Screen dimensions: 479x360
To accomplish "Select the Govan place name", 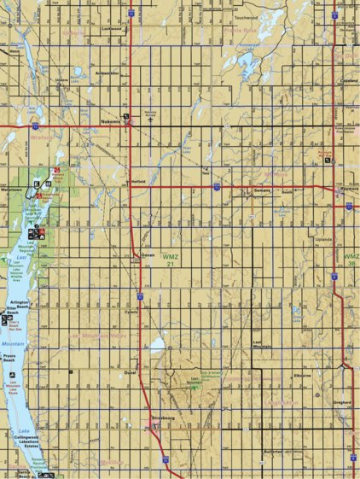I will point(146,255).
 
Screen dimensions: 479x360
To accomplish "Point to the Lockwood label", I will point(113,28).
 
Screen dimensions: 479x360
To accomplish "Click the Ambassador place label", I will point(107,73).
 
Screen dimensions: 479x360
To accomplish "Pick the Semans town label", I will point(262,190).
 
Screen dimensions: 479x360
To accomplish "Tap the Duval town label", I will point(131,372).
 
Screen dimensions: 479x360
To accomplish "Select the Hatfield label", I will point(140,181).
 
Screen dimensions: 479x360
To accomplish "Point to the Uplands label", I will point(324,241).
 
